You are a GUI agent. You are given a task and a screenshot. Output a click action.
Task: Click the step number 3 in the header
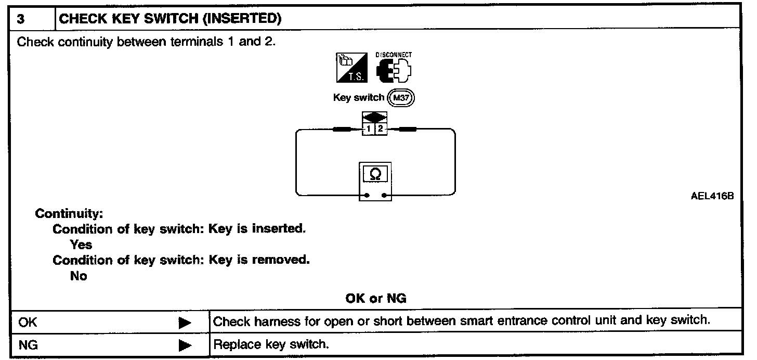tap(20, 19)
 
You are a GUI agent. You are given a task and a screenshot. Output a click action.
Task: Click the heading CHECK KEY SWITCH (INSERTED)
tap(171, 19)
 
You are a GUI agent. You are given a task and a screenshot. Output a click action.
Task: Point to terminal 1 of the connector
tap(369, 129)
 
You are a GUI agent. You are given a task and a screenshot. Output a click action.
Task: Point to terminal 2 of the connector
tap(380, 129)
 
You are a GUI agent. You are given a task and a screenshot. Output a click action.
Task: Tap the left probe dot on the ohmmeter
tap(367, 196)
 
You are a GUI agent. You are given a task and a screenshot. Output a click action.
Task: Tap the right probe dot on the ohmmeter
tap(384, 196)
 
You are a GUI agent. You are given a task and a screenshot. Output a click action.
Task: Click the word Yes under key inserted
tap(81, 245)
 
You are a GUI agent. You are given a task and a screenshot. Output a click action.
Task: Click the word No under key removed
tap(79, 276)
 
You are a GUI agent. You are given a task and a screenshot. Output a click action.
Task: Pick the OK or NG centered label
tap(376, 298)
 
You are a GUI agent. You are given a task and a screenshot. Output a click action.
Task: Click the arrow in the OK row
tap(185, 323)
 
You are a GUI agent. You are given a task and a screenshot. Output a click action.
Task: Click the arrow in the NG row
tap(185, 345)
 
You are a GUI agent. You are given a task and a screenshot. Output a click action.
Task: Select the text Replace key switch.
tap(271, 344)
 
